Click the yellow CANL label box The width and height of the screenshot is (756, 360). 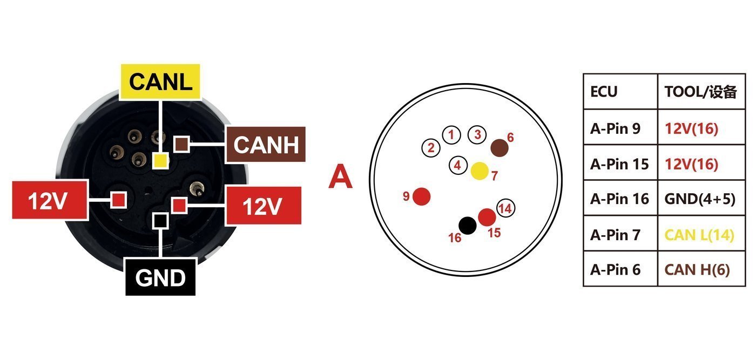pos(160,81)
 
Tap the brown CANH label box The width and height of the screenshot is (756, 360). pos(266,145)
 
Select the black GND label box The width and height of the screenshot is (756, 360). pos(160,277)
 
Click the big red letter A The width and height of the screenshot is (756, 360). pos(341,176)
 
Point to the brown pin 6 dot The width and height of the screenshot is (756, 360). pos(499,148)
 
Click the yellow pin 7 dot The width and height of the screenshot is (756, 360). pos(480,171)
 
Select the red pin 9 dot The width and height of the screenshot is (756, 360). pos(422,196)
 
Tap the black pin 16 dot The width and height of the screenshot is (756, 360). pos(468,226)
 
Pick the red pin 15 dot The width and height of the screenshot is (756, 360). pos(487,218)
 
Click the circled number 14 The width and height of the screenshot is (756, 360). pos(505,208)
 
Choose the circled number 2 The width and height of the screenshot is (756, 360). pos(431,148)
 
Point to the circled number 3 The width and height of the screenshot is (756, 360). pos(477,134)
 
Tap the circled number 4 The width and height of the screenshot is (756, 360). pos(458,165)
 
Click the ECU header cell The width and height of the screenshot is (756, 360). pos(620,91)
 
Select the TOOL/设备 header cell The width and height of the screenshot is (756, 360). pos(701,91)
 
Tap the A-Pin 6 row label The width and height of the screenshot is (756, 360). pos(615,269)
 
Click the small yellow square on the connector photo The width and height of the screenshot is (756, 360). pos(160,161)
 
